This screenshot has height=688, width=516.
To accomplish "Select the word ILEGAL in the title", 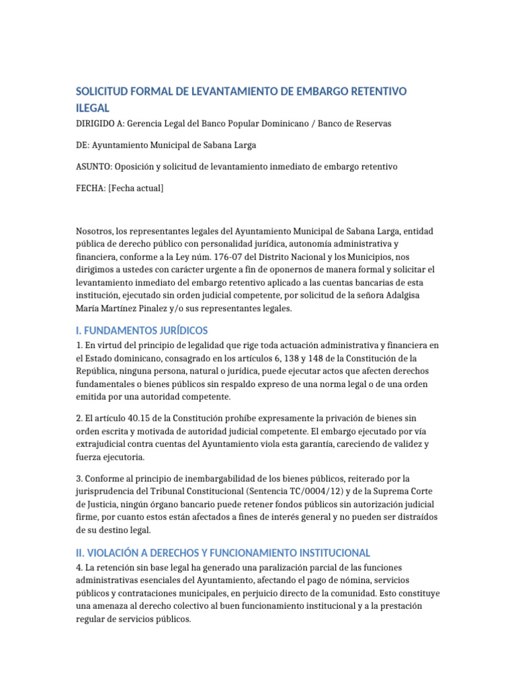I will tap(93, 107).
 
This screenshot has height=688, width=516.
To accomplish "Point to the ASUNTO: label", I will tap(94, 167).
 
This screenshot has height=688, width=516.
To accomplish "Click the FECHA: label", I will tap(91, 188).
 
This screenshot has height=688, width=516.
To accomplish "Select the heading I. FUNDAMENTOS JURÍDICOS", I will tap(142, 331).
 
